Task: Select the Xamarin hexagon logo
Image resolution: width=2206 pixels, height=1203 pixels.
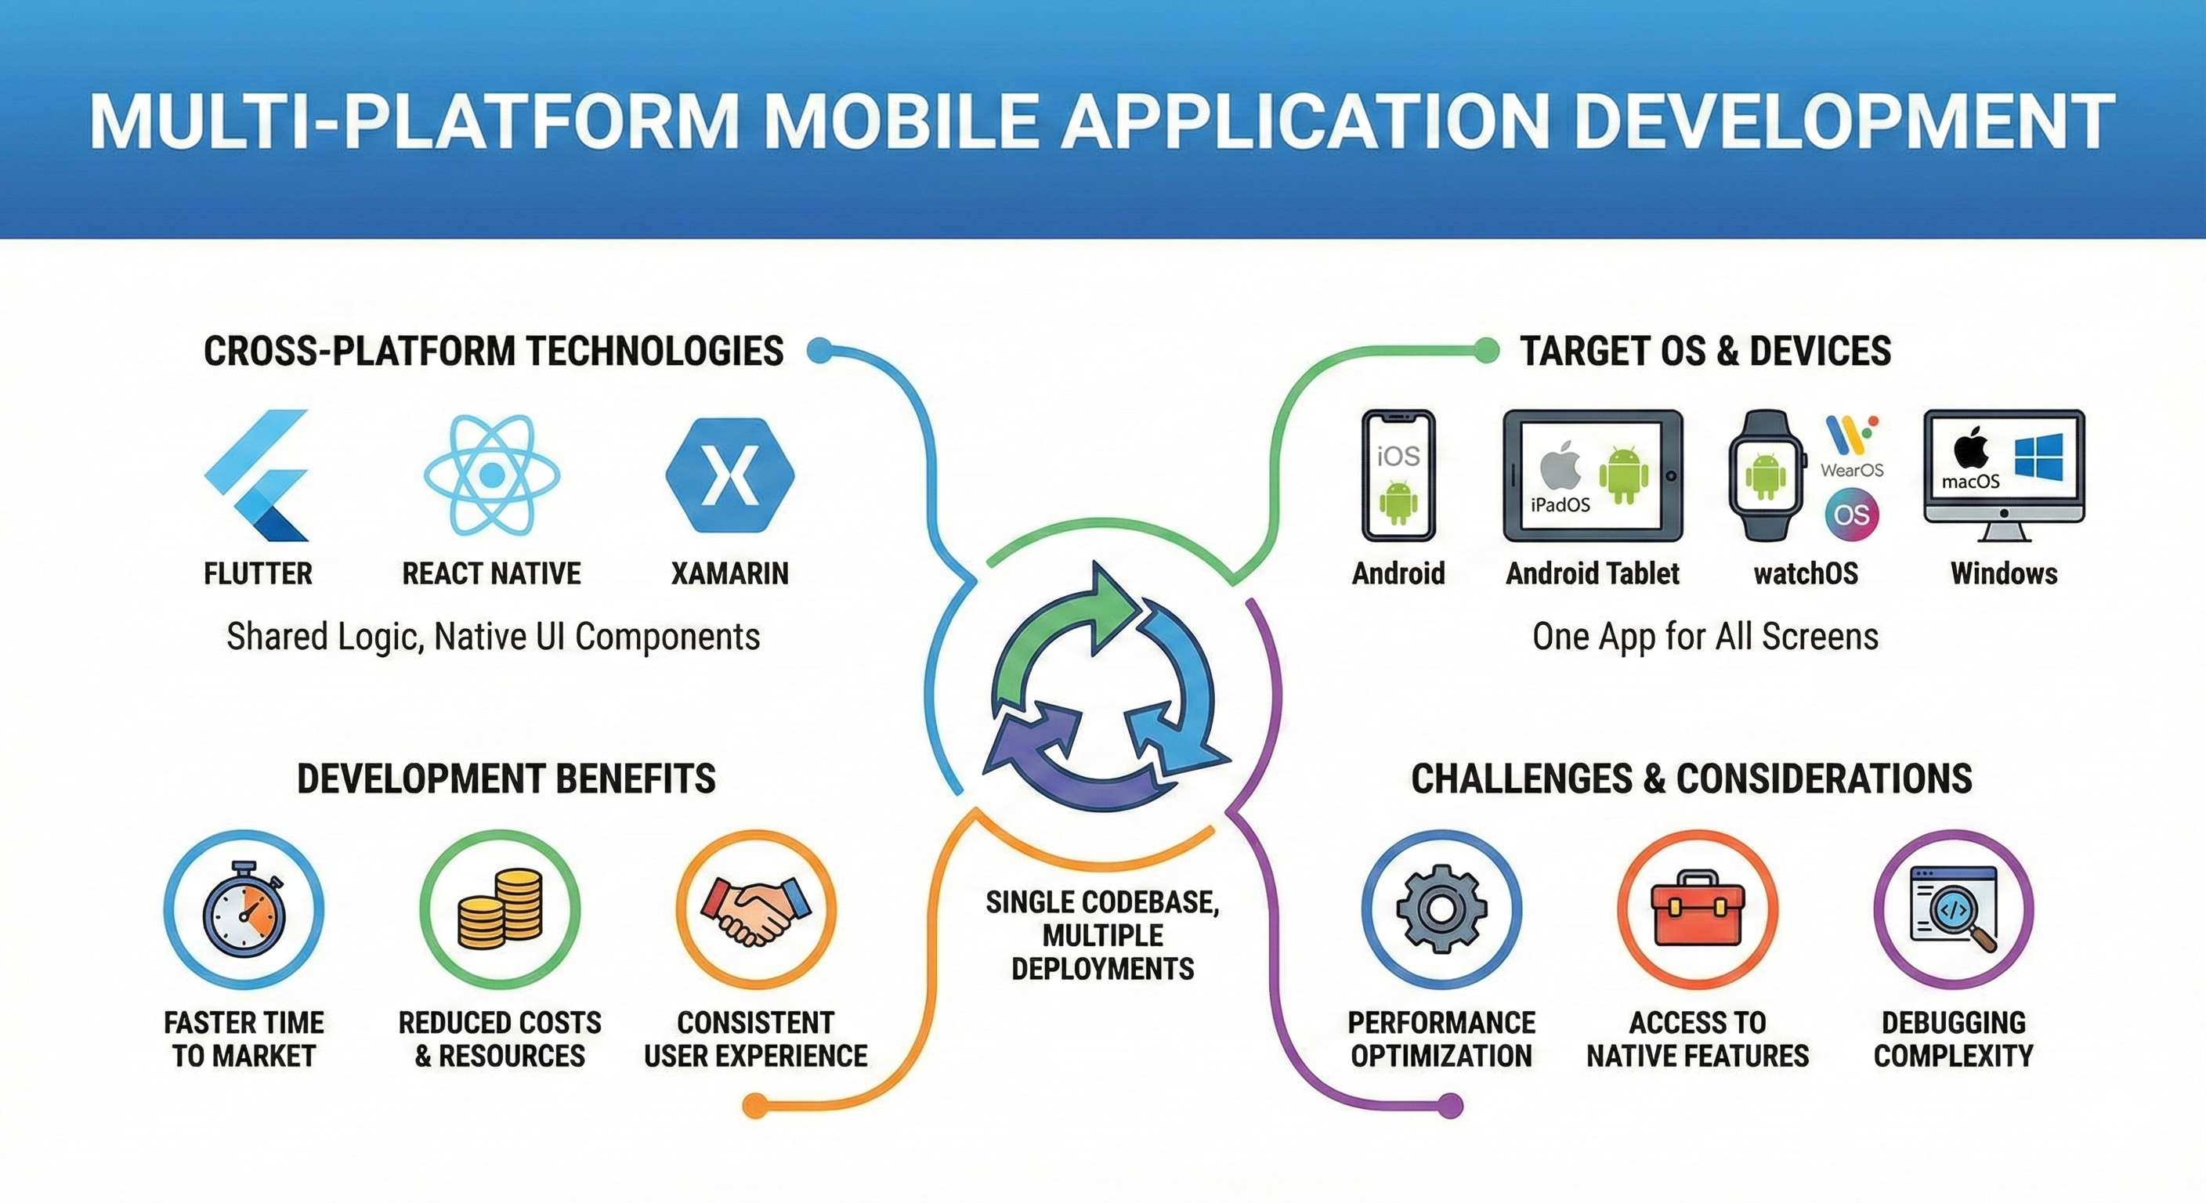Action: point(729,475)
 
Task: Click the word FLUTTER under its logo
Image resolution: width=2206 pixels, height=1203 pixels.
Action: point(258,573)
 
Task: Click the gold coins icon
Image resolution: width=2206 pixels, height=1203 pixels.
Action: point(500,909)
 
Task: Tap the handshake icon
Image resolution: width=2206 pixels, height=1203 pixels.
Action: point(755,909)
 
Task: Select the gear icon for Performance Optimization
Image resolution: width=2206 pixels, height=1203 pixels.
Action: point(1441,909)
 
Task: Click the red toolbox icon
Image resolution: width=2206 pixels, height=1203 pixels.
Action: point(1698,909)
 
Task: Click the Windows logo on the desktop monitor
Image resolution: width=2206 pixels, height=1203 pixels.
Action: point(2038,457)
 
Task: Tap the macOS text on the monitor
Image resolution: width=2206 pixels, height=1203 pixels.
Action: point(1970,481)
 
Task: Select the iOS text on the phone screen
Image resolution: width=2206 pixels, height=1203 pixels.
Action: point(1398,457)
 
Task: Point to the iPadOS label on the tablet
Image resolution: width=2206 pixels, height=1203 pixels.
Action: point(1560,504)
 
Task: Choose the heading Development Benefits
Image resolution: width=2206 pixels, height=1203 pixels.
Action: point(505,779)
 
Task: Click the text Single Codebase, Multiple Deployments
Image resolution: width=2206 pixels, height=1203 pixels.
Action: point(1102,935)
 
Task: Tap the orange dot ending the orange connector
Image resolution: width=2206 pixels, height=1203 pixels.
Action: point(754,1105)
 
